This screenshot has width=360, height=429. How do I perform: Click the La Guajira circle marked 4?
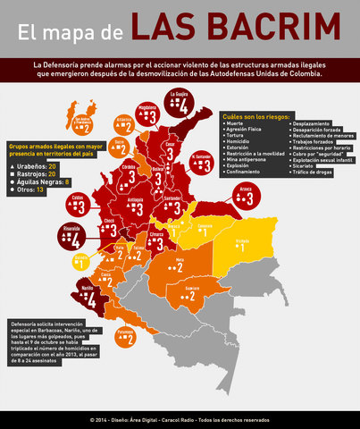(181, 106)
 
